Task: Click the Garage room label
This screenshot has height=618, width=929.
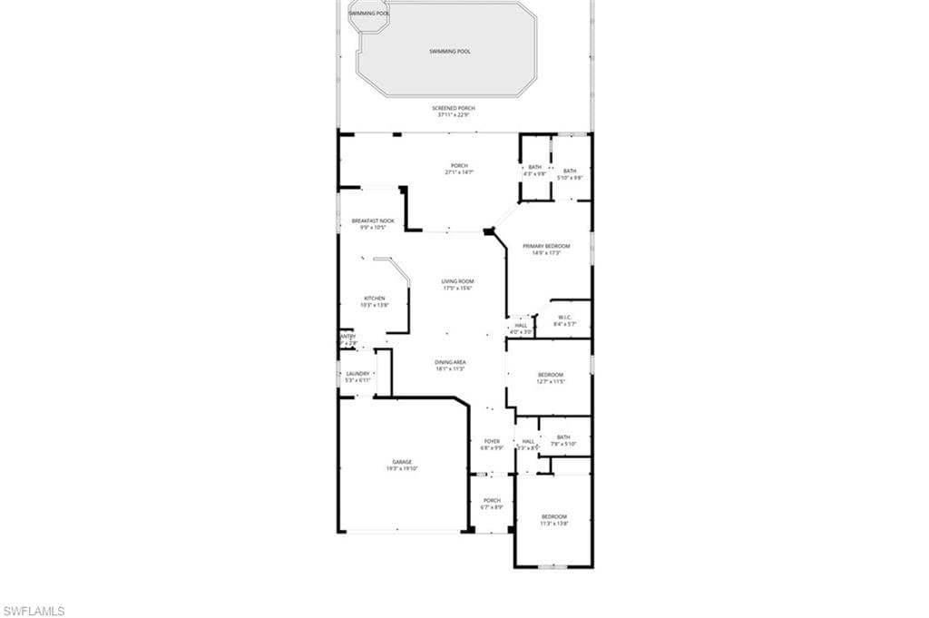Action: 402,466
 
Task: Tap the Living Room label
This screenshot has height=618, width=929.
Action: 458,285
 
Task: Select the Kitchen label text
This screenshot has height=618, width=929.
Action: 375,301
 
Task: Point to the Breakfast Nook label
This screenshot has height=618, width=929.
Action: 373,223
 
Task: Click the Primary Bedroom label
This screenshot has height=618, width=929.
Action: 546,250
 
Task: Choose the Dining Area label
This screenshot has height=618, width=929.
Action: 450,365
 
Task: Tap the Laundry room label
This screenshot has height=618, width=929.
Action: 357,377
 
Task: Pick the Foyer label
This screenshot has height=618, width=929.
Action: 492,445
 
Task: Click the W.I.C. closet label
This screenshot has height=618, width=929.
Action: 564,320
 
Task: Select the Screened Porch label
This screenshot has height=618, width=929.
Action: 453,111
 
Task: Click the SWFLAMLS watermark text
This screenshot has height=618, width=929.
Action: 34,611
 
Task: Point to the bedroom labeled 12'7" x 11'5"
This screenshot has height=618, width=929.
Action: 551,378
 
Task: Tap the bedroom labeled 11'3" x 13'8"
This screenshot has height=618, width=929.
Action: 553,520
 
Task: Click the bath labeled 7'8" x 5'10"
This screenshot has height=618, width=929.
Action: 563,439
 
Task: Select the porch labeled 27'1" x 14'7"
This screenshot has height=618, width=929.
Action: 459,169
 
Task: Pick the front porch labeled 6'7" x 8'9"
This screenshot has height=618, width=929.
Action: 492,504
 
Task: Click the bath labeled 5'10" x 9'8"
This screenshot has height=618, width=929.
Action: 570,173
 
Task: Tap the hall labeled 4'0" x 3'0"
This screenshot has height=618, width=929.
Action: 521,329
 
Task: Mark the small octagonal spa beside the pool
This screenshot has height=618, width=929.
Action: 369,16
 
